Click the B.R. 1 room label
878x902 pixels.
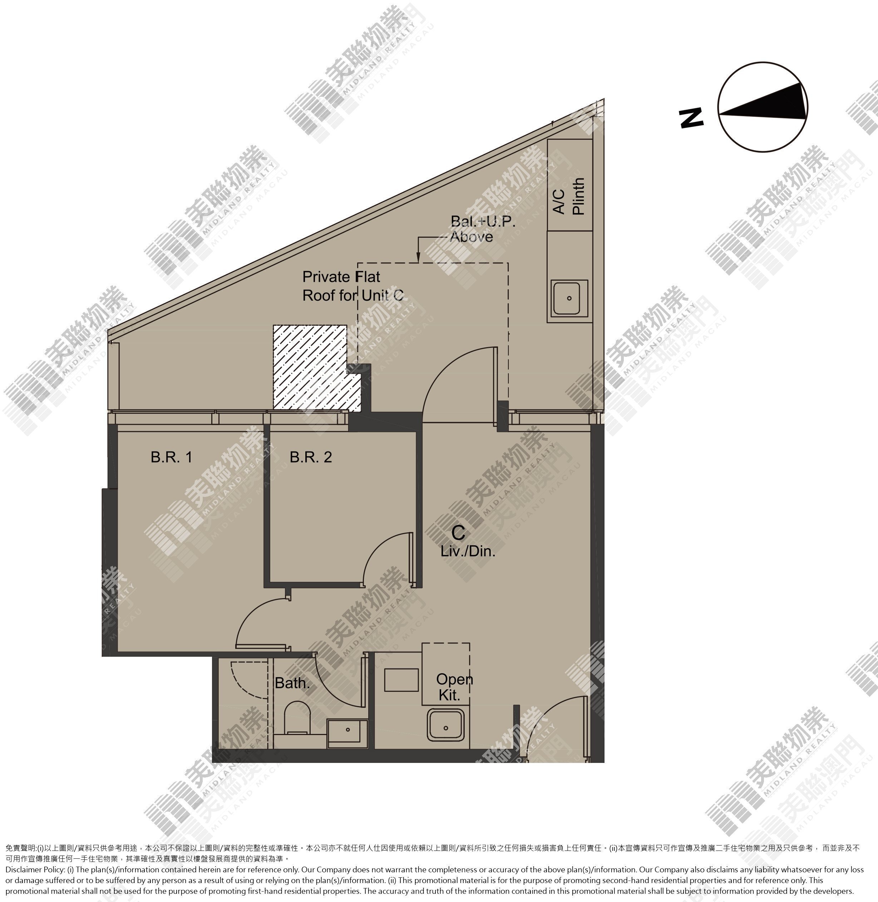171,457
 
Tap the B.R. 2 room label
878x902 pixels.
311,457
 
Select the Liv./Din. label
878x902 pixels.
468,551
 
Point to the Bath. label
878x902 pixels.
292,683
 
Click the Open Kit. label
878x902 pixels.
455,687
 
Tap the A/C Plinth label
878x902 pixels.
569,196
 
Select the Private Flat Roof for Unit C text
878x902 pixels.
353,286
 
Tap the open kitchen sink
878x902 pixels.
445,725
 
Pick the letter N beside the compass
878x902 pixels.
692,118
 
